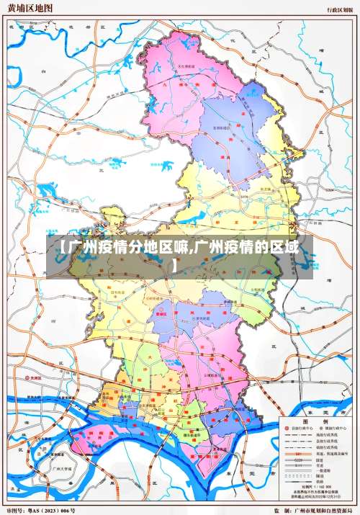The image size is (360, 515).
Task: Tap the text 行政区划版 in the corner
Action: tap(338, 10)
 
